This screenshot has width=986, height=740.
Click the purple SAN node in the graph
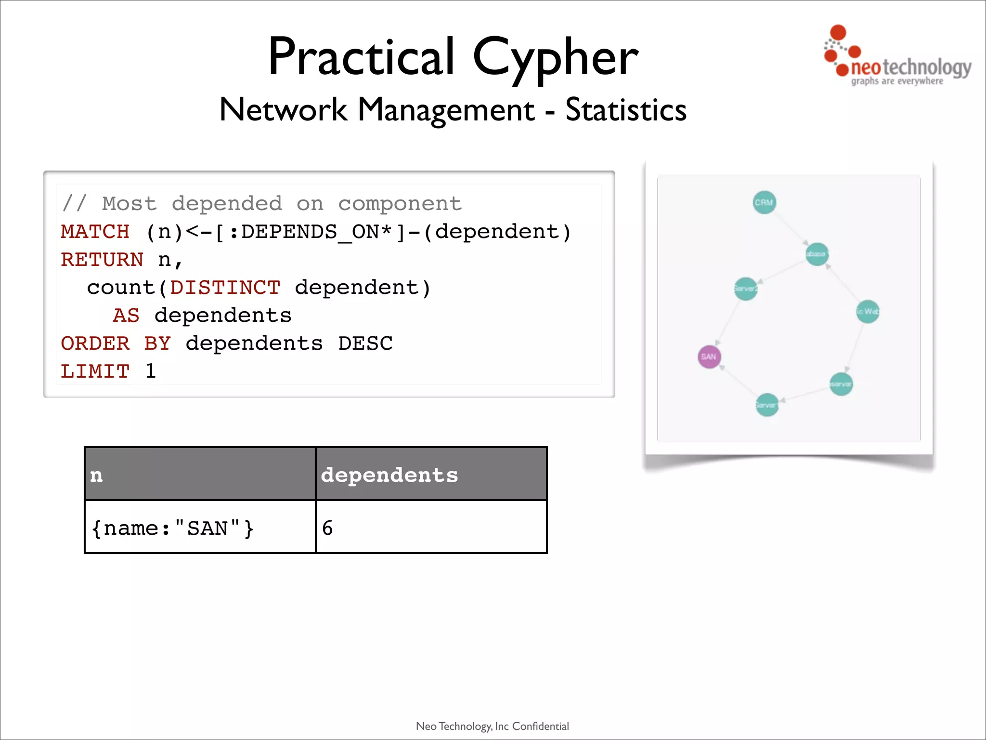pyautogui.click(x=709, y=357)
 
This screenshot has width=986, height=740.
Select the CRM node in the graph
pyautogui.click(x=764, y=202)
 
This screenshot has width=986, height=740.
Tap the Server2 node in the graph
pyautogui.click(x=745, y=289)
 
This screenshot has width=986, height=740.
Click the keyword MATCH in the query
pyautogui.click(x=95, y=232)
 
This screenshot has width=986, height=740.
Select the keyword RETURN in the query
pyautogui.click(x=102, y=260)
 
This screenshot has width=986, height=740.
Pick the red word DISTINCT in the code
pyautogui.click(x=225, y=288)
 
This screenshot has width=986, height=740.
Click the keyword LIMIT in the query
pyautogui.click(x=95, y=371)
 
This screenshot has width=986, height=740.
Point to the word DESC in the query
pyautogui.click(x=365, y=344)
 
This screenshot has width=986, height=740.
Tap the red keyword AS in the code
pyautogui.click(x=126, y=316)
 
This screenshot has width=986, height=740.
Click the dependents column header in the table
pyautogui.click(x=389, y=475)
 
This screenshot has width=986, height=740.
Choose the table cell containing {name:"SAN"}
pyautogui.click(x=172, y=528)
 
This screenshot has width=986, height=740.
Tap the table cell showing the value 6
pyautogui.click(x=327, y=528)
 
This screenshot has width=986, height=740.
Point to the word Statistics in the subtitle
pyautogui.click(x=625, y=110)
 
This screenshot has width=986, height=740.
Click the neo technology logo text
pyautogui.click(x=910, y=68)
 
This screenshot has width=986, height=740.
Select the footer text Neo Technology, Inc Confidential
pyautogui.click(x=492, y=726)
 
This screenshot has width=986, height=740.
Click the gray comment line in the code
pyautogui.click(x=261, y=204)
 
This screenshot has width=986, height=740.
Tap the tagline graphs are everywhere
pyautogui.click(x=897, y=81)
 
